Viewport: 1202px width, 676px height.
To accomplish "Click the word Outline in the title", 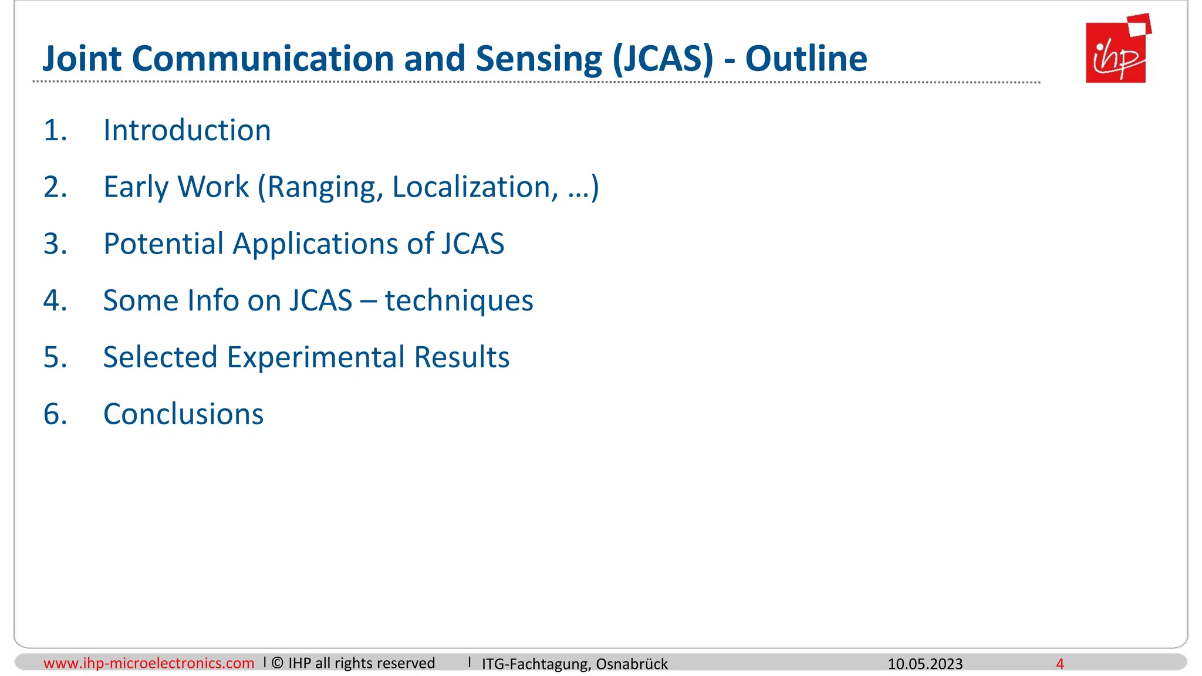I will pyautogui.click(x=806, y=59).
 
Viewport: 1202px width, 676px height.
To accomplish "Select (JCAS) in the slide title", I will pyautogui.click(x=663, y=59).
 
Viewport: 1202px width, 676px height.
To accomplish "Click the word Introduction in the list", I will pyautogui.click(x=187, y=130).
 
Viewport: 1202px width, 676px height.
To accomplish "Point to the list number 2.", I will pyautogui.click(x=55, y=187).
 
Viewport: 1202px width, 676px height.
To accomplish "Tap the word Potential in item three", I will pyautogui.click(x=163, y=244).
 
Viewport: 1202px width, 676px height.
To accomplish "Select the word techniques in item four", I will pyautogui.click(x=459, y=300).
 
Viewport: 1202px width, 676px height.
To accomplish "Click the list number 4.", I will pyautogui.click(x=55, y=300).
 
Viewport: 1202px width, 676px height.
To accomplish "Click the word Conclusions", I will pyautogui.click(x=183, y=414).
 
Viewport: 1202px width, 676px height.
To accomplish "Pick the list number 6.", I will pyautogui.click(x=55, y=414).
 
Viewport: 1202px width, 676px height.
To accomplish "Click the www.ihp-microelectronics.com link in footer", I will pyautogui.click(x=148, y=663).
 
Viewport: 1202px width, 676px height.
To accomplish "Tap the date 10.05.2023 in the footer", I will pyautogui.click(x=925, y=664).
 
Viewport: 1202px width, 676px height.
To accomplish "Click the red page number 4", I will pyautogui.click(x=1059, y=664).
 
